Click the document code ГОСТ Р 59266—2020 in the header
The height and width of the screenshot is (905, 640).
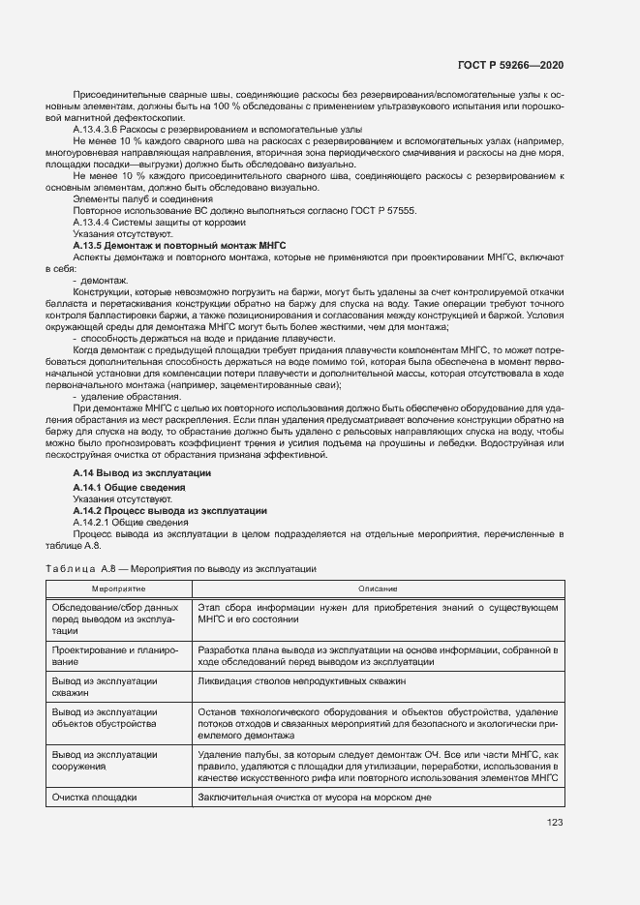tap(509, 65)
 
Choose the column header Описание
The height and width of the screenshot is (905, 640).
tap(377, 588)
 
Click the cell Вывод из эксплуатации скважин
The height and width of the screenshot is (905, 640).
tap(105, 687)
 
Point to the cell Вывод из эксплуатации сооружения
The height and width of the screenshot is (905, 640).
tap(105, 760)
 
